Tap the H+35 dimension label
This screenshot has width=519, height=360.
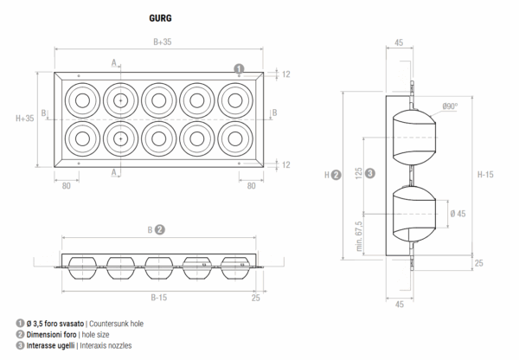(x=25, y=118)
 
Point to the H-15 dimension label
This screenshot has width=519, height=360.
(x=486, y=174)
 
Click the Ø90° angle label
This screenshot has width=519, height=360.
(x=450, y=106)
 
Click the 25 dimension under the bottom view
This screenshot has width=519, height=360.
(x=255, y=297)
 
